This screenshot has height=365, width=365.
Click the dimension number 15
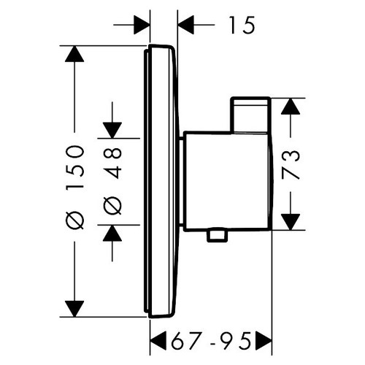239,26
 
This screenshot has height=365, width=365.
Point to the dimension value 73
291,165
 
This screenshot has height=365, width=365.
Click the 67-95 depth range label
211,340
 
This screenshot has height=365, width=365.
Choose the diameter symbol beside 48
113,207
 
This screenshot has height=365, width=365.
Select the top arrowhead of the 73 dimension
291,107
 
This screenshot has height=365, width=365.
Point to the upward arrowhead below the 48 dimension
112,233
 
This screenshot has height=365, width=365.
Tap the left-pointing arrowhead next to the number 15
188,26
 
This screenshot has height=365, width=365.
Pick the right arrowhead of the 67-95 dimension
264,340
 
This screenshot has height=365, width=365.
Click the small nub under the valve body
215,234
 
